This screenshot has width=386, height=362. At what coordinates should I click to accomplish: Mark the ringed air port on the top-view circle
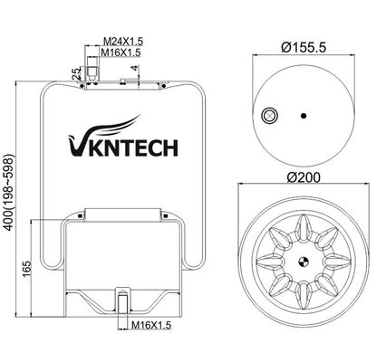tap(269, 115)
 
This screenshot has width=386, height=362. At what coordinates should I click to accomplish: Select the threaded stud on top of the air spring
tap(92, 72)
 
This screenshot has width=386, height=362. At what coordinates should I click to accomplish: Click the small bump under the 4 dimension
tap(121, 82)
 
